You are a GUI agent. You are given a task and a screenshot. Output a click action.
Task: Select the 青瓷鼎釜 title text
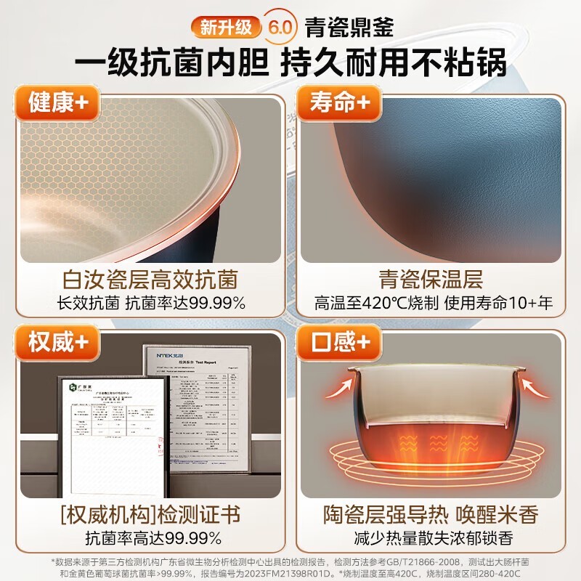[x=349, y=28]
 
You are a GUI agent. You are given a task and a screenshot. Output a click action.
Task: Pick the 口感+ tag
[x=338, y=341]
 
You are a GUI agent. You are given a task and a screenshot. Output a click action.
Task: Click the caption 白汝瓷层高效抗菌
[x=150, y=279]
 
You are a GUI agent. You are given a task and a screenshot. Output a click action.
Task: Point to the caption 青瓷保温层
[x=430, y=279]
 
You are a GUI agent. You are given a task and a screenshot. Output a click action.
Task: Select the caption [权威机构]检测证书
[x=150, y=516]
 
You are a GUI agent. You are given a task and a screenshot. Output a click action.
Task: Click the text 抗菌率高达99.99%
[x=150, y=539]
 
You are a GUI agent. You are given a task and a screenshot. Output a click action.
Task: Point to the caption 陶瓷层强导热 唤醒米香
[x=430, y=516]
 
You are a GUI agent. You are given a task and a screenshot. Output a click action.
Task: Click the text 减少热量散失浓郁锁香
[x=430, y=539]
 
